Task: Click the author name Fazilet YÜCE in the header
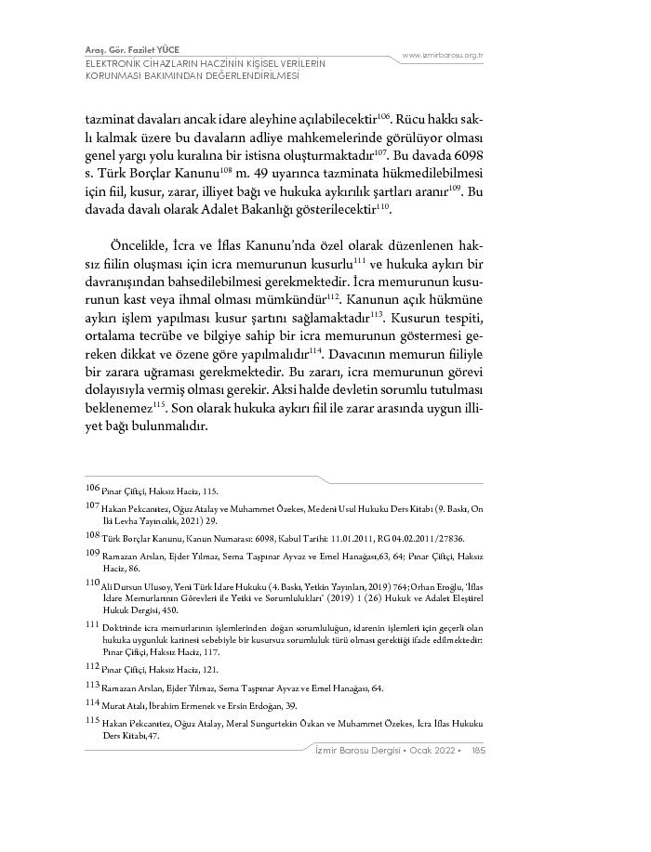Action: point(154,48)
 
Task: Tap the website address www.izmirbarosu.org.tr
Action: point(444,56)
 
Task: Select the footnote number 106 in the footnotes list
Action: point(92,488)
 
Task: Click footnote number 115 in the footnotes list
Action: point(92,719)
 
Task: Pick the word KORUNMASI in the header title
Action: point(114,76)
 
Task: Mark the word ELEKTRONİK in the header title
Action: point(115,63)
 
